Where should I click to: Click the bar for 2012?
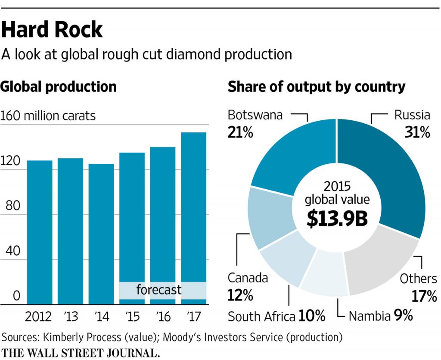point(40,233)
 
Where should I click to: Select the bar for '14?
point(101,235)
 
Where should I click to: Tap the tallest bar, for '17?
point(193,216)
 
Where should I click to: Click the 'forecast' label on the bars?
point(159,290)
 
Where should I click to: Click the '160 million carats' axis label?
point(48,116)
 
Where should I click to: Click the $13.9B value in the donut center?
point(337,219)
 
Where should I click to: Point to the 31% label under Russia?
point(417,133)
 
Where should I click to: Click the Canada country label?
point(248,278)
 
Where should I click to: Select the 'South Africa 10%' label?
point(276,316)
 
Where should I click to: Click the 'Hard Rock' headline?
point(52,30)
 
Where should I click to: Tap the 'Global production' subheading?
point(59,87)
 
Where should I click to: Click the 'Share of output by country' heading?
point(317,87)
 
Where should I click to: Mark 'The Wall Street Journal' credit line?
point(81,352)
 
